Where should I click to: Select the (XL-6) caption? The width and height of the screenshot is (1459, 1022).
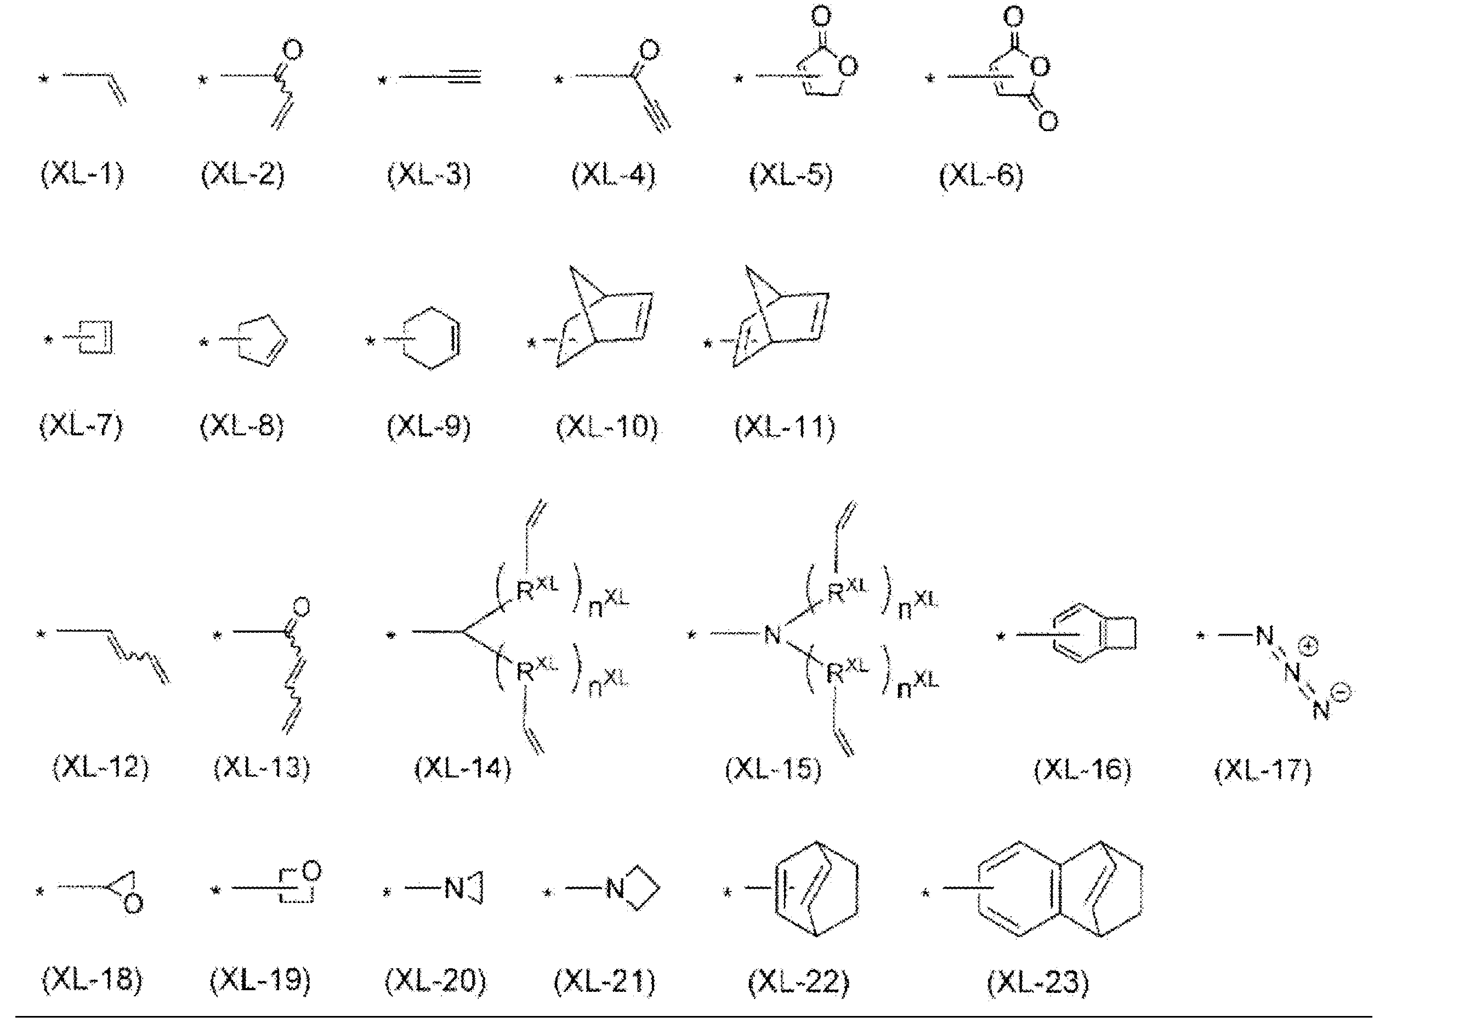(980, 175)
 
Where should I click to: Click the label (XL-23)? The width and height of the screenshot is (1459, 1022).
(1038, 981)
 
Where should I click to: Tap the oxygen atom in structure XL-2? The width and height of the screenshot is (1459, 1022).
(292, 49)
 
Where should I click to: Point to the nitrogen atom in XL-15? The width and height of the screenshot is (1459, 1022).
(772, 634)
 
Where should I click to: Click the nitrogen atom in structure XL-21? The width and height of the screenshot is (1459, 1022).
(615, 889)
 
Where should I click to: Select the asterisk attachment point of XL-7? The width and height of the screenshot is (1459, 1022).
(48, 340)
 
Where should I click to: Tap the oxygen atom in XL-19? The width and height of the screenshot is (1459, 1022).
(311, 871)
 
